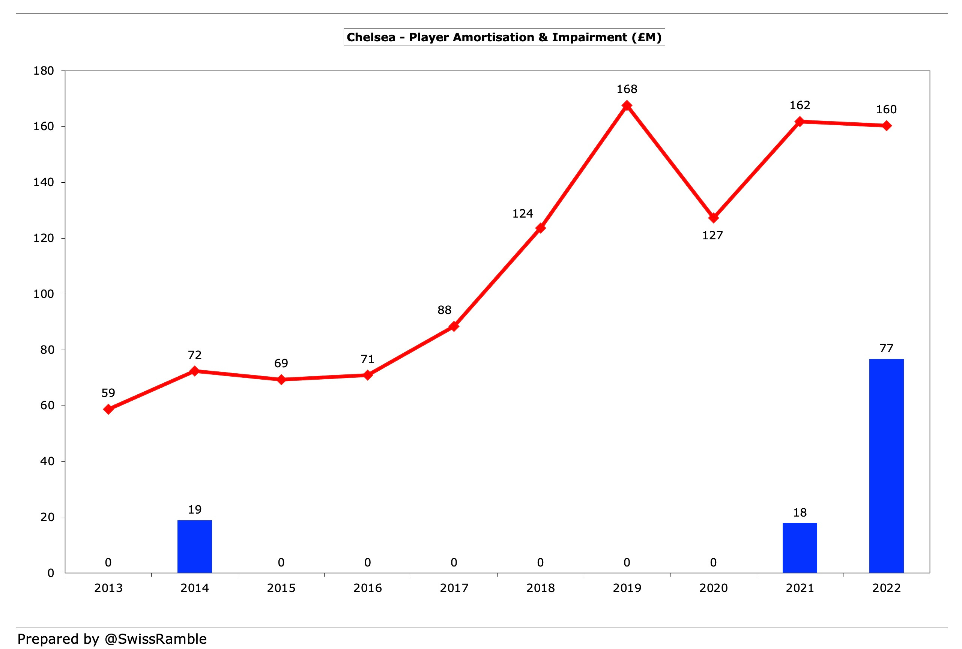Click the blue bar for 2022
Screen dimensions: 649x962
(x=886, y=466)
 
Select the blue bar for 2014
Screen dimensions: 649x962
(x=195, y=546)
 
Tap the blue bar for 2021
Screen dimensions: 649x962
(x=800, y=548)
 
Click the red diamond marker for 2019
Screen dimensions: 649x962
(x=627, y=105)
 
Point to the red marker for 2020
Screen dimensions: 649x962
(x=713, y=218)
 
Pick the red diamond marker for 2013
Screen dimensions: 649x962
(x=108, y=409)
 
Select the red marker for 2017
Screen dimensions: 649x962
(x=454, y=326)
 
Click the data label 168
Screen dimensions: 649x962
(x=627, y=89)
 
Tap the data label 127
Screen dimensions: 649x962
(x=712, y=236)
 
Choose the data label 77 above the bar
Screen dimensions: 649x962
(x=886, y=348)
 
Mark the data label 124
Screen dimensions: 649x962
(x=522, y=213)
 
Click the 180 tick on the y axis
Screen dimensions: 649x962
(x=44, y=71)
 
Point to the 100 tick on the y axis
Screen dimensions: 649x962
(x=44, y=294)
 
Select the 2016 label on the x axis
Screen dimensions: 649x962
(x=368, y=588)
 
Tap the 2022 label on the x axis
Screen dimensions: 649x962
(x=886, y=588)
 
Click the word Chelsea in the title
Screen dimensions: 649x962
(x=371, y=37)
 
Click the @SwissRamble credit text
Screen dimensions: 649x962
(x=156, y=638)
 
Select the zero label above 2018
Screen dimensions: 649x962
(x=540, y=562)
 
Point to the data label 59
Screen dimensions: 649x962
(x=108, y=393)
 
